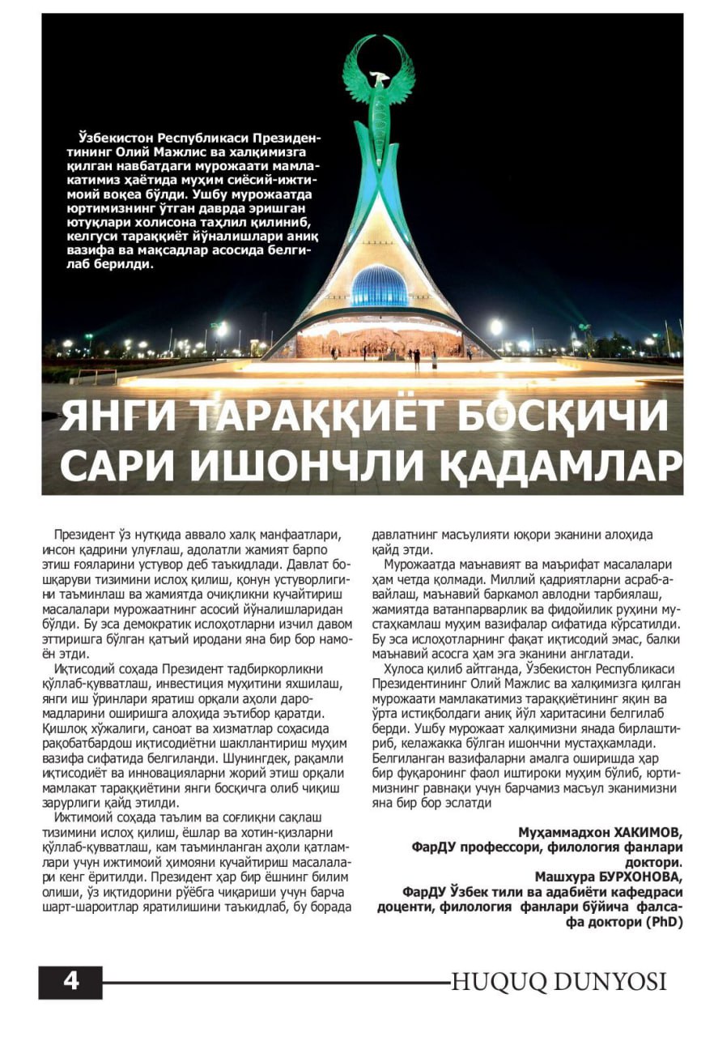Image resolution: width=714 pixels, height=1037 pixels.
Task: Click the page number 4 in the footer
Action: pos(70,982)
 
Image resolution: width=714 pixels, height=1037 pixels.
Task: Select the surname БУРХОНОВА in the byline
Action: pos(635,877)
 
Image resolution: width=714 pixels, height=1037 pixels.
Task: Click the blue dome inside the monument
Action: pos(379,285)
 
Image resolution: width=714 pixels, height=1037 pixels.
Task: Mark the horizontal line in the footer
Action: pos(275,983)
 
